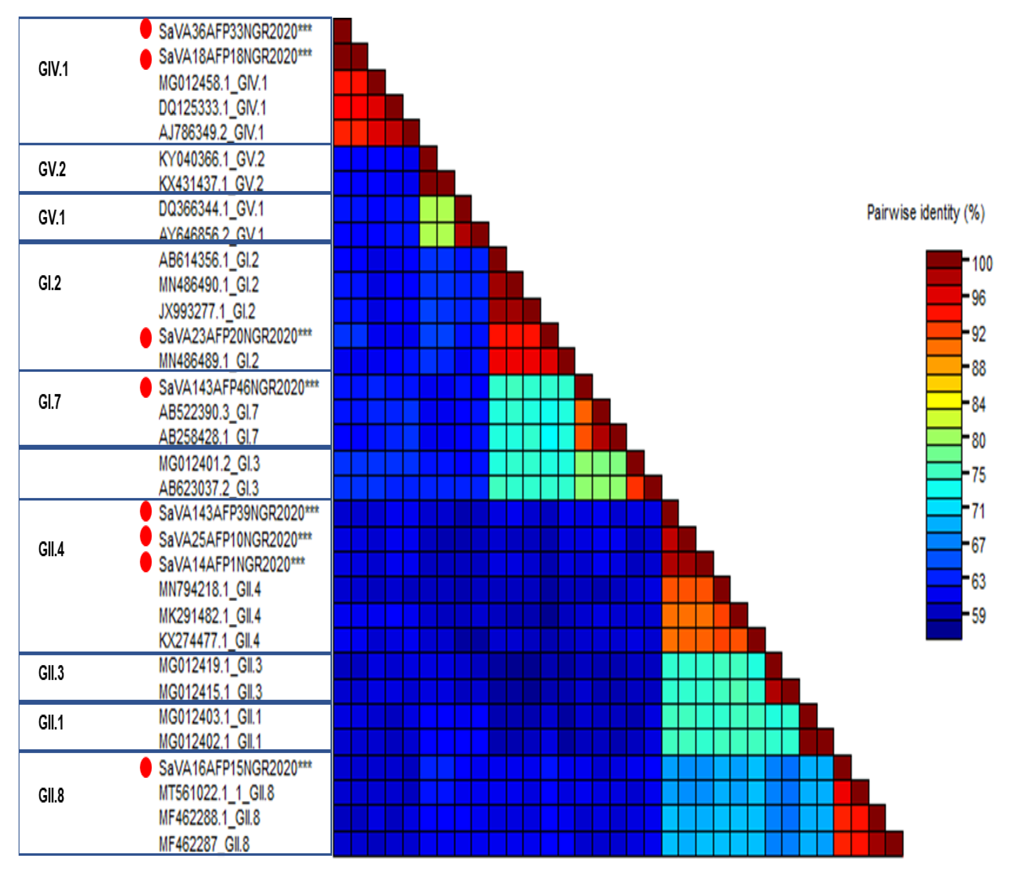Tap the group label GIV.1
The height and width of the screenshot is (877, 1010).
pyautogui.click(x=53, y=69)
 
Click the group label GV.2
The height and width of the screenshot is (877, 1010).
pyautogui.click(x=52, y=169)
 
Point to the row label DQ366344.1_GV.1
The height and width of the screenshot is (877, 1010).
pyautogui.click(x=211, y=209)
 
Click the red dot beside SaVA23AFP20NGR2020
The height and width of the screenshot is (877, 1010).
pyautogui.click(x=146, y=338)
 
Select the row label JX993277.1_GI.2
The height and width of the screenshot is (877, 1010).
pyautogui.click(x=206, y=311)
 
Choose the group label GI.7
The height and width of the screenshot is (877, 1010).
pyautogui.click(x=50, y=402)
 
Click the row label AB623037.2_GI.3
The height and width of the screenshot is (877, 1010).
pyautogui.click(x=208, y=488)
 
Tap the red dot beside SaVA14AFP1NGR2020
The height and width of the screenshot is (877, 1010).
pyautogui.click(x=146, y=562)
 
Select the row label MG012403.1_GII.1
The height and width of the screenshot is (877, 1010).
pyautogui.click(x=210, y=717)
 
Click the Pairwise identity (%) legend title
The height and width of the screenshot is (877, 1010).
pyautogui.click(x=925, y=213)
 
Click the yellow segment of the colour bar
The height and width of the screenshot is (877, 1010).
pyautogui.click(x=944, y=401)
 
